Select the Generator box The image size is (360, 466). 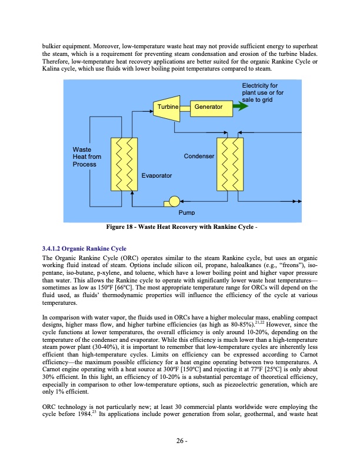point(209,106)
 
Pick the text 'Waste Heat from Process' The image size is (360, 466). point(86,157)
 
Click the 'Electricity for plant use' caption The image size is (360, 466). point(262,93)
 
